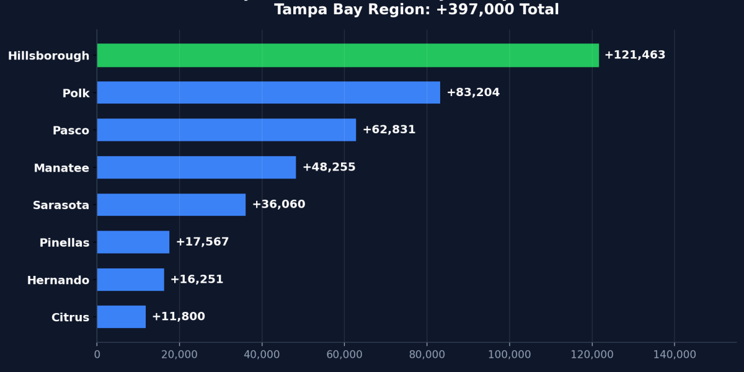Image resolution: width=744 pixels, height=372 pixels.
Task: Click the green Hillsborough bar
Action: (347, 55)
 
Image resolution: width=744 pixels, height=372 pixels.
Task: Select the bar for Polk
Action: (268, 92)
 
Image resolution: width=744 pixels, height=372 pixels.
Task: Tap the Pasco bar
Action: (226, 130)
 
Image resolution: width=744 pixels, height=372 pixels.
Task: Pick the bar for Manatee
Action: (196, 167)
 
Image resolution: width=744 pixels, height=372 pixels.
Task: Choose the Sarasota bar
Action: (171, 205)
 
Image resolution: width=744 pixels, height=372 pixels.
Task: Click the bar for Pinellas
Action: (133, 242)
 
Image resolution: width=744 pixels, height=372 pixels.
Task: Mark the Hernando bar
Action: (130, 280)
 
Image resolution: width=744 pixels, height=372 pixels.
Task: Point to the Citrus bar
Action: (121, 317)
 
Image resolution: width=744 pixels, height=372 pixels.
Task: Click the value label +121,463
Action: (634, 55)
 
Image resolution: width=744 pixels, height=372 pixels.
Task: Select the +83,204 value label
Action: (472, 92)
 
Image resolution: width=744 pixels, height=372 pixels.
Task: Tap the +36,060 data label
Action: (278, 205)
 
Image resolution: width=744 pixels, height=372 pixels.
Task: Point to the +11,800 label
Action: (178, 317)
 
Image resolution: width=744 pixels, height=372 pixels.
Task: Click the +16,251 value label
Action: (197, 280)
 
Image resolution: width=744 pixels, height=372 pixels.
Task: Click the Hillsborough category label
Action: (48, 56)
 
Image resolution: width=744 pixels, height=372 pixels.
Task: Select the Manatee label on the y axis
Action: (61, 168)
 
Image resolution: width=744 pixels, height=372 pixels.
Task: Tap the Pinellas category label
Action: (64, 243)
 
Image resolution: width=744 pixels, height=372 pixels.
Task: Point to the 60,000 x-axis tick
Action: (344, 355)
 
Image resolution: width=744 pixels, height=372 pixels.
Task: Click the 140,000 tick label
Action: (675, 355)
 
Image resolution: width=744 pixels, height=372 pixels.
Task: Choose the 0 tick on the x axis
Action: (97, 355)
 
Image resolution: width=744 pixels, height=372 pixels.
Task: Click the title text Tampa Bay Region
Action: (416, 10)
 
